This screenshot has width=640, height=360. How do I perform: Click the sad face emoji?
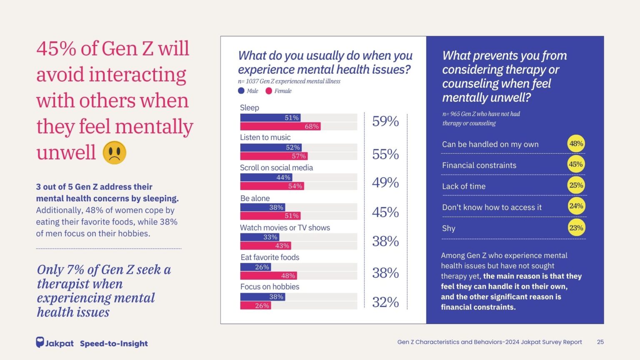[115, 152]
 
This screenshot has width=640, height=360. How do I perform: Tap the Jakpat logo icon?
[40, 342]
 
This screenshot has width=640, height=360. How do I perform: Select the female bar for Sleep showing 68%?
[280, 126]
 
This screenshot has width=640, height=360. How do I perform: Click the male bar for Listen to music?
[271, 147]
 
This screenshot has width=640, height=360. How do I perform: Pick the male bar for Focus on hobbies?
[262, 297]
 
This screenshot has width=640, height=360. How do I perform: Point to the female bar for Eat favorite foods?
[268, 275]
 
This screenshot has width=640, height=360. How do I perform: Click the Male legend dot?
[241, 91]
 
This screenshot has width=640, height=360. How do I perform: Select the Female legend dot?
[269, 91]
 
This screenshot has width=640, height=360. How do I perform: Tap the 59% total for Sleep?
[385, 121]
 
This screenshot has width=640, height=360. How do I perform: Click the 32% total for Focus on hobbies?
[385, 302]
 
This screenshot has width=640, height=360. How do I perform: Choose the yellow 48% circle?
[576, 144]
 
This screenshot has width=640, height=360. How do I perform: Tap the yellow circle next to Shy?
[576, 228]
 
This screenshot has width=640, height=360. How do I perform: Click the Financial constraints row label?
[479, 165]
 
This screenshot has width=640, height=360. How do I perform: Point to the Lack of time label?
[464, 186]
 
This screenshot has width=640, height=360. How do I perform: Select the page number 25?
[600, 342]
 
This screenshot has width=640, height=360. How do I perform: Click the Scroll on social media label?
[276, 167]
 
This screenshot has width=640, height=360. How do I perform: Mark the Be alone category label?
[255, 198]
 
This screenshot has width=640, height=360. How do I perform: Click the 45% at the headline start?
[56, 49]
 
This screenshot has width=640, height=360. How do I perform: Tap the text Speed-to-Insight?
[114, 343]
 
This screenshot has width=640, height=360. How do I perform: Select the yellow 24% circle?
[576, 206]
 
